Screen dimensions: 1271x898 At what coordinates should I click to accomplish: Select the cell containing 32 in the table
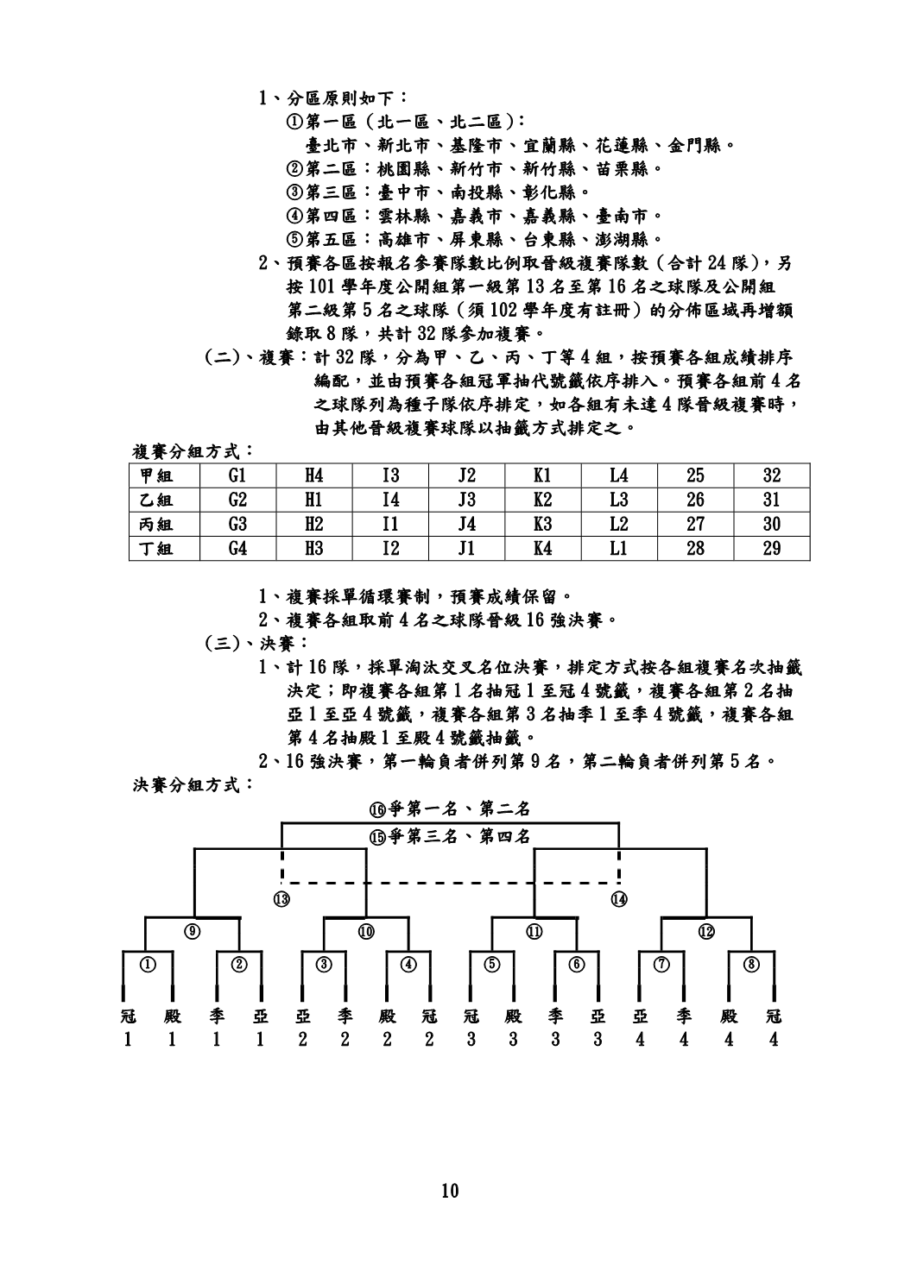coord(771,475)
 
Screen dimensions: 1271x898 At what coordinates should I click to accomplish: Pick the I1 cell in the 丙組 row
coord(390,524)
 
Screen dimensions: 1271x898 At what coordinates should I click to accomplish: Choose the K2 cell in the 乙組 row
coord(542,500)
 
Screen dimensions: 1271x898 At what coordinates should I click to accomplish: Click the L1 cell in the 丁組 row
coord(618,548)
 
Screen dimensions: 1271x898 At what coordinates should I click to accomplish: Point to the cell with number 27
coord(694,524)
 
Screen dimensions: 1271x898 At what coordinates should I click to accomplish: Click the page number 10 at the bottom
coord(449,1192)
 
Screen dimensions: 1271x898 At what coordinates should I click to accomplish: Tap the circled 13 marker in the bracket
coord(281,899)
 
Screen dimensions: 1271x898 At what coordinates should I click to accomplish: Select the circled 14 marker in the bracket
coord(618,899)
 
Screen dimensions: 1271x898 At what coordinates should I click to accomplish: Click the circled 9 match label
coord(194,930)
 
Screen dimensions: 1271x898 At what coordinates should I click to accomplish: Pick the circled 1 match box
coord(149,964)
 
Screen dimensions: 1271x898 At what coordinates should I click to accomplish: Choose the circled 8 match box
coord(751,964)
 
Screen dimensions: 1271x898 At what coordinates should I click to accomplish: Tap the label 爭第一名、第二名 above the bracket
coord(449,809)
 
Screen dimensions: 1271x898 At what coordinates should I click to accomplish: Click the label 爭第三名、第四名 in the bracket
coord(449,836)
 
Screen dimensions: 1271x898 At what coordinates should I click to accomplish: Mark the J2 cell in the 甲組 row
coord(466,475)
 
